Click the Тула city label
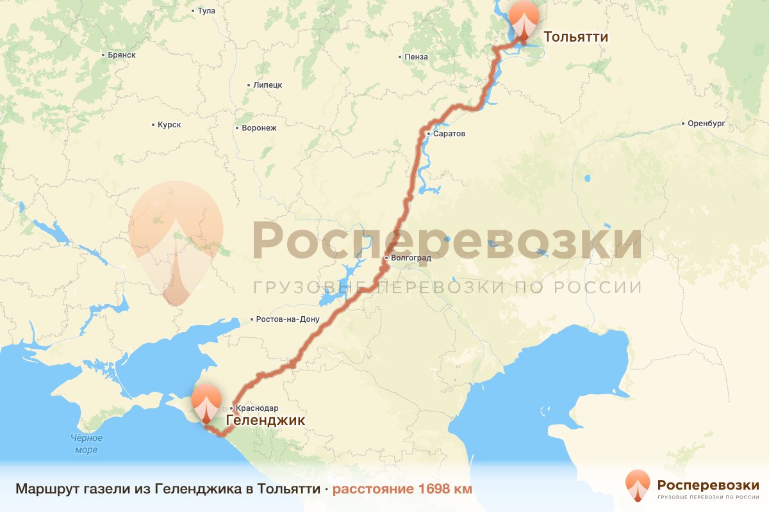coord(206,11)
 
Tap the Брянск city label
coord(121,55)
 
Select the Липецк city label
coord(267,85)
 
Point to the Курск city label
coord(169,125)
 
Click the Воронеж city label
coord(258,128)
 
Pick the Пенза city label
coord(415,57)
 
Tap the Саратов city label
coord(449,134)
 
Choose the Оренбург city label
coord(706,124)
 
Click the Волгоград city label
coord(409,259)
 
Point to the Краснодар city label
coord(257,408)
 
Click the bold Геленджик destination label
coord(265,420)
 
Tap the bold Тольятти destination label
coord(575,37)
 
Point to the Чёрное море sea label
coord(87,444)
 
